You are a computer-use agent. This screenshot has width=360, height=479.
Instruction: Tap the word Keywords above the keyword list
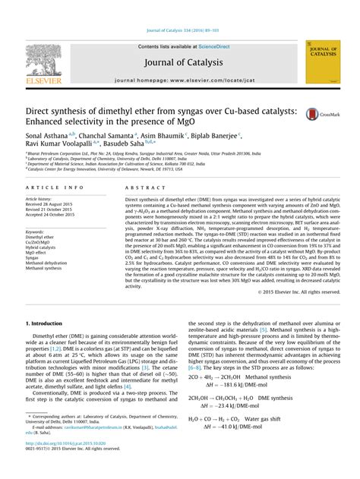(x=34, y=232)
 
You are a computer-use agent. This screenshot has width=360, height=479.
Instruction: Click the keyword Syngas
(x=33, y=258)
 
